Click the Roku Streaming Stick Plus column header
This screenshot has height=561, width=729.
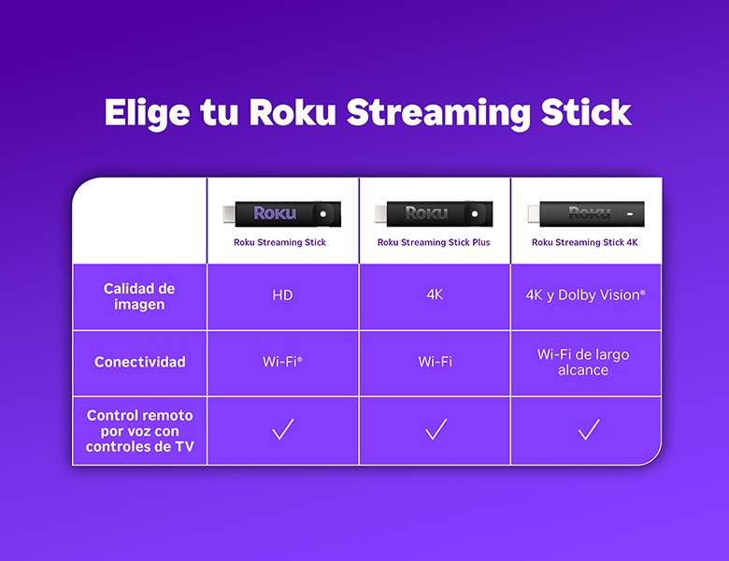pyautogui.click(x=434, y=242)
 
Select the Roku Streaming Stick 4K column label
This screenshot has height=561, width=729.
pyautogui.click(x=585, y=242)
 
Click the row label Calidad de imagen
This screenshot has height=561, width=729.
pyautogui.click(x=139, y=296)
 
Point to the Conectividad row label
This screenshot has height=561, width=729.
pyautogui.click(x=139, y=362)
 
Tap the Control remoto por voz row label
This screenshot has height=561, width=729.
pyautogui.click(x=139, y=431)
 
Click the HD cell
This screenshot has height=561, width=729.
pyautogui.click(x=282, y=295)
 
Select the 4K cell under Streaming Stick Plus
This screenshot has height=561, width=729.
pyautogui.click(x=435, y=295)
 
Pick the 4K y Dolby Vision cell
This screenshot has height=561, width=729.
pyautogui.click(x=585, y=295)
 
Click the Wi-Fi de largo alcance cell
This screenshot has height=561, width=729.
pyautogui.click(x=585, y=363)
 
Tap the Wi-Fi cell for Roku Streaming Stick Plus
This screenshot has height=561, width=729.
pyautogui.click(x=435, y=362)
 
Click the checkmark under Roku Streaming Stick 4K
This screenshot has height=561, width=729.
pyautogui.click(x=588, y=430)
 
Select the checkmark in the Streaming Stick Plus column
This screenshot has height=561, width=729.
pyautogui.click(x=436, y=430)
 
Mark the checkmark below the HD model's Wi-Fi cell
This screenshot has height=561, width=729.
pyautogui.click(x=282, y=430)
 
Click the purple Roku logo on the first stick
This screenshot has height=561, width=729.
pyautogui.click(x=274, y=213)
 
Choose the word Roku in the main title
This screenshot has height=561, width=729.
pyautogui.click(x=293, y=112)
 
